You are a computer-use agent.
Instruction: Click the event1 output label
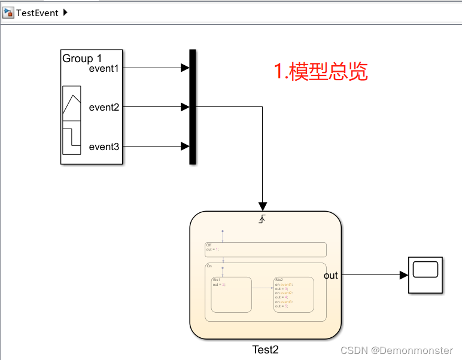(104, 68)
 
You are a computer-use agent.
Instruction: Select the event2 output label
(104, 108)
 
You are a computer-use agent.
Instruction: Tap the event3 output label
(104, 147)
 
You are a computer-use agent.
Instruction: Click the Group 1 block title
(82, 59)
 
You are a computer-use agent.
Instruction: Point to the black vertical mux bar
(193, 106)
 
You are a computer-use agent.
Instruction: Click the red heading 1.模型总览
(321, 72)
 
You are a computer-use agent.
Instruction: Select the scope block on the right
(425, 275)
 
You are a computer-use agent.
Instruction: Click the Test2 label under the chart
(265, 350)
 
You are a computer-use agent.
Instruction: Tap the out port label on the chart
(330, 276)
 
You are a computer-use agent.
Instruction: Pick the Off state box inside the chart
(265, 249)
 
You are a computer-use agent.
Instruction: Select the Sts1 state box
(231, 294)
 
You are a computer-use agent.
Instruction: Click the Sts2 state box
(293, 294)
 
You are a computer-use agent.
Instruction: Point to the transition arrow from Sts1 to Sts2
(262, 288)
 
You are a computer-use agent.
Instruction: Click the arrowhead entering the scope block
(404, 275)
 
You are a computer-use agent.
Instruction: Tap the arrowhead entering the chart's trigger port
(263, 206)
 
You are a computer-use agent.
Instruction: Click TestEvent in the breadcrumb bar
(37, 13)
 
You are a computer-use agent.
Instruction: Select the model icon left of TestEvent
(8, 13)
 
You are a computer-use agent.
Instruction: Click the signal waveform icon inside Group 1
(72, 120)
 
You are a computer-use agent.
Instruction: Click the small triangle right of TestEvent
(65, 13)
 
